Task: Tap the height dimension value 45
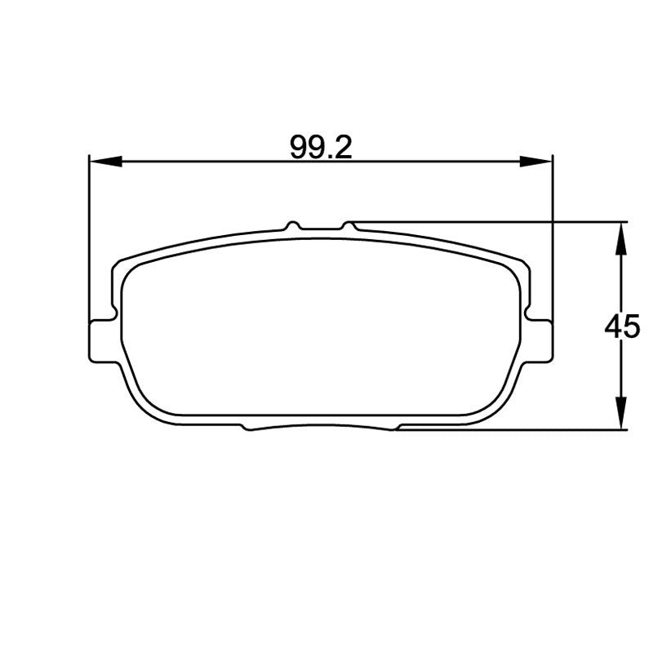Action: [622, 327]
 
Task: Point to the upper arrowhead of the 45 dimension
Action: [622, 238]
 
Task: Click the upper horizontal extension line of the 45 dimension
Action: [490, 221]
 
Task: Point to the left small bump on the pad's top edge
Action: [292, 224]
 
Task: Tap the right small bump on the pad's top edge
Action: [349, 224]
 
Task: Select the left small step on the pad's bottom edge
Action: [246, 427]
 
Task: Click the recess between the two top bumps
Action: [320, 229]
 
